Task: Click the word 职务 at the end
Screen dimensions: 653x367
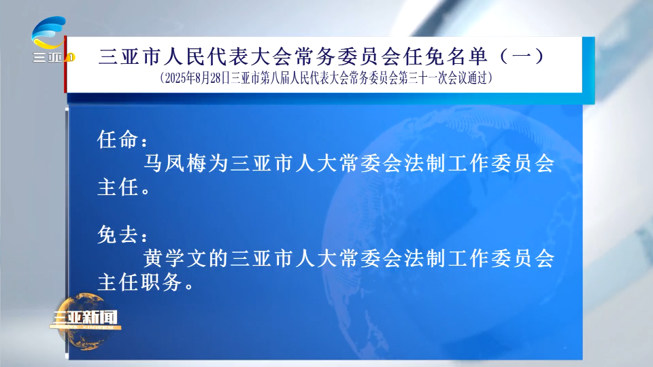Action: click(161, 283)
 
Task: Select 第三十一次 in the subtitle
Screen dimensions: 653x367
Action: click(424, 78)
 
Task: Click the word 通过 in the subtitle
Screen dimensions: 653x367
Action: click(478, 78)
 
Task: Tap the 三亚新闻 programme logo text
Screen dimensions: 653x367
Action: click(84, 318)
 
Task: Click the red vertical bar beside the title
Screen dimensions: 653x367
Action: click(65, 65)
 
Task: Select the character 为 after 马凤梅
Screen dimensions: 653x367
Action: click(218, 162)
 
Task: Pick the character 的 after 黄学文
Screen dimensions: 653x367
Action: click(218, 258)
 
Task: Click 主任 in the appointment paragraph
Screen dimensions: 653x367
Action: click(118, 188)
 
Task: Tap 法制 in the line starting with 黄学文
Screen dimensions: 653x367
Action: click(424, 258)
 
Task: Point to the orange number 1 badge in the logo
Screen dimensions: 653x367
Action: click(70, 57)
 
